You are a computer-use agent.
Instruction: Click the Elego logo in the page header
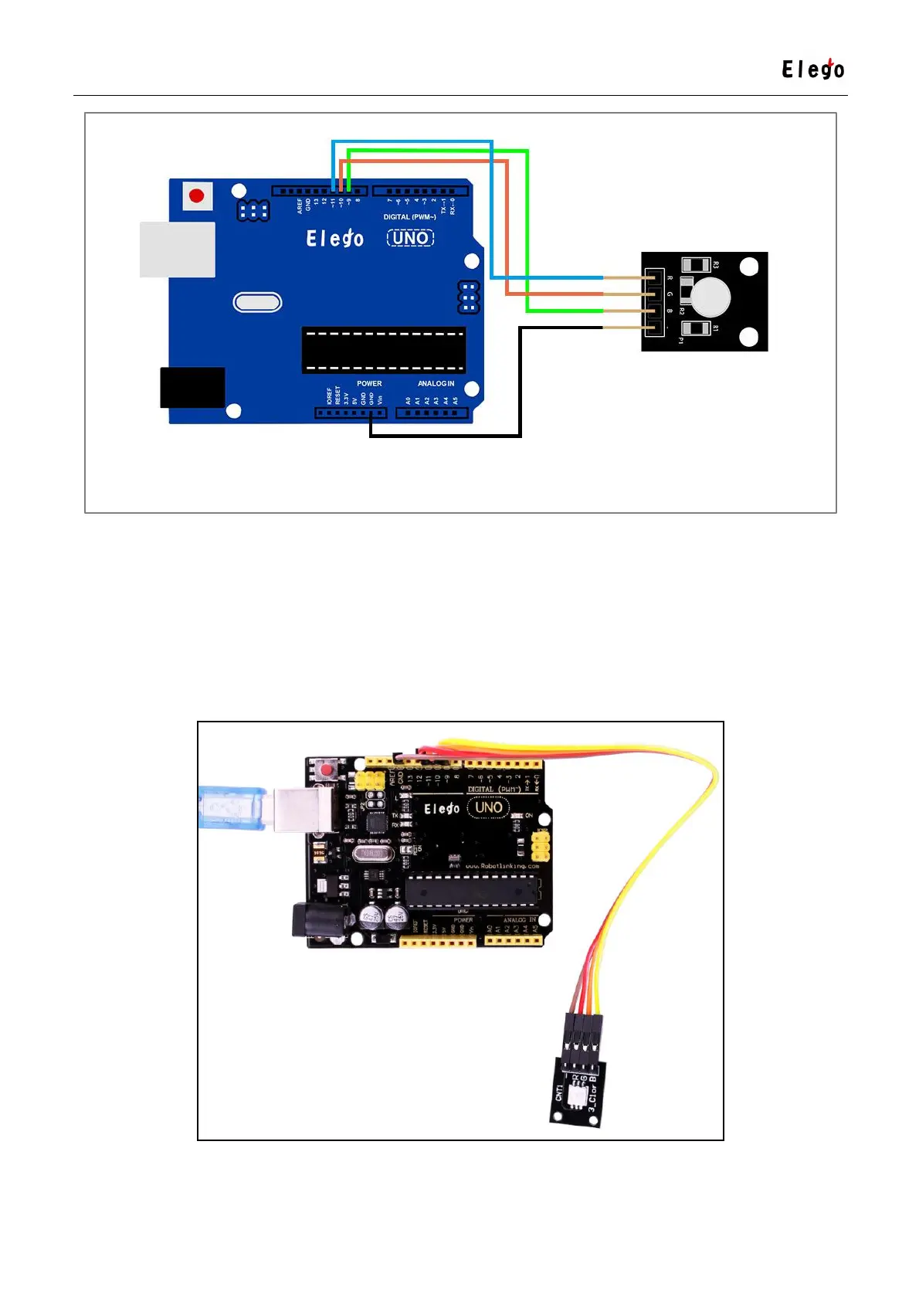(812, 70)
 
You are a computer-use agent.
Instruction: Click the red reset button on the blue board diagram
(196, 195)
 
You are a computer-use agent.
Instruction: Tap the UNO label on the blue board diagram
(410, 238)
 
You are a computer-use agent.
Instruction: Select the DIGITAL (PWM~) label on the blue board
(409, 217)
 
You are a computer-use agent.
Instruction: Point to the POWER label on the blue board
(369, 383)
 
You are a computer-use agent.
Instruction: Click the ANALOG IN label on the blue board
(436, 383)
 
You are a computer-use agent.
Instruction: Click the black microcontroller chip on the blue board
(383, 350)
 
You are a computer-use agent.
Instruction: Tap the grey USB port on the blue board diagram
(178, 250)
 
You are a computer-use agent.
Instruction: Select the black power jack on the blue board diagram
(192, 387)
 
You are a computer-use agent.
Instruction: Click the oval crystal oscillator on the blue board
(257, 302)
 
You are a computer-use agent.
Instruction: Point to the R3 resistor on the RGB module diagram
(696, 265)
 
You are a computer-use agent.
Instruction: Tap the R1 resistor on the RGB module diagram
(696, 328)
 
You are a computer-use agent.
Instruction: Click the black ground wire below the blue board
(445, 436)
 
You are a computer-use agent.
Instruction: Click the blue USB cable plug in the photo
(232, 807)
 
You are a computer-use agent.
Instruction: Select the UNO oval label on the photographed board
(488, 807)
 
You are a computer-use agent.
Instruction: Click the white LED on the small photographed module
(577, 1094)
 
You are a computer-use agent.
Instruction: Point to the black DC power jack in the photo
(314, 921)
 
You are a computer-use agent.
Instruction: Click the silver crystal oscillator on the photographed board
(374, 854)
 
